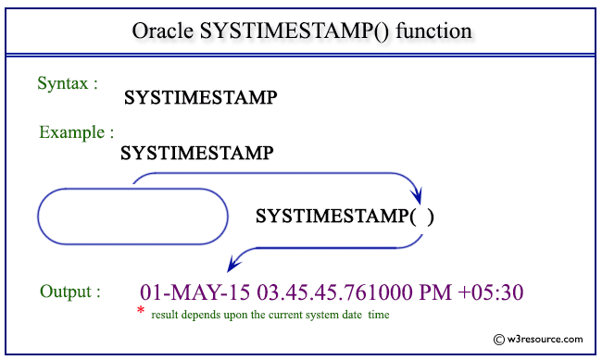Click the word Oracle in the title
(x=162, y=31)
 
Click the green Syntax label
(x=68, y=83)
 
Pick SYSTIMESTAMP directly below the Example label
(x=195, y=152)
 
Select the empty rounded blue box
(x=132, y=217)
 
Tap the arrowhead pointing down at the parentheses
(x=417, y=196)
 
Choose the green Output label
(x=70, y=292)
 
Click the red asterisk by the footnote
(x=141, y=312)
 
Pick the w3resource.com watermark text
(x=546, y=341)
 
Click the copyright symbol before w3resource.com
(x=500, y=341)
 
